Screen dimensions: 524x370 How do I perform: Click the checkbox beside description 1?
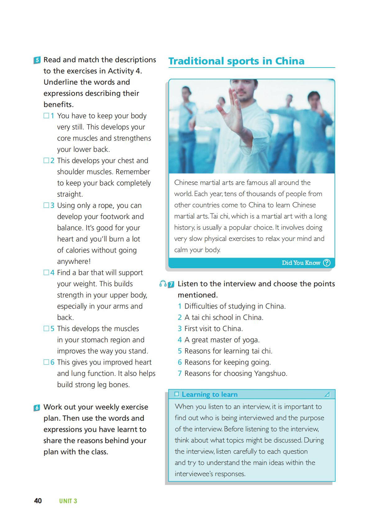[x=46, y=116]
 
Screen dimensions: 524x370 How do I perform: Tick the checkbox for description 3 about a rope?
[x=46, y=205]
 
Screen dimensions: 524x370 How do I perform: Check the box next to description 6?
[x=46, y=362]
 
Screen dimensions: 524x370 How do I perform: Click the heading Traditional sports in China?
[x=236, y=61]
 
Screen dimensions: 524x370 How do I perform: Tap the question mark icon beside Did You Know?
[x=327, y=263]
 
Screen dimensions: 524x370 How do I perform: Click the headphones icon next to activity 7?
[x=162, y=283]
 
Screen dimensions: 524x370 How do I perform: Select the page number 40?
[x=38, y=501]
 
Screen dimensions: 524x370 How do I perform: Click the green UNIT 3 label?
[x=68, y=501]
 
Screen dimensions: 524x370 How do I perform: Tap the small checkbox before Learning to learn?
[x=177, y=394]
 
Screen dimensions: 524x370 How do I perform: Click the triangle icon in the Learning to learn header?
[x=327, y=395]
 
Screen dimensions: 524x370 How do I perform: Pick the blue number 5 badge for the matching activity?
[x=37, y=60]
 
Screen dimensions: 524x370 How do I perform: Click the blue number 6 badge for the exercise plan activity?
[x=37, y=407]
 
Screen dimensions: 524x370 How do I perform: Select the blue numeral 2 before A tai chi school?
[x=180, y=317]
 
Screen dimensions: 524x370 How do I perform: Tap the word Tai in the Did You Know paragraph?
[x=214, y=216]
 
